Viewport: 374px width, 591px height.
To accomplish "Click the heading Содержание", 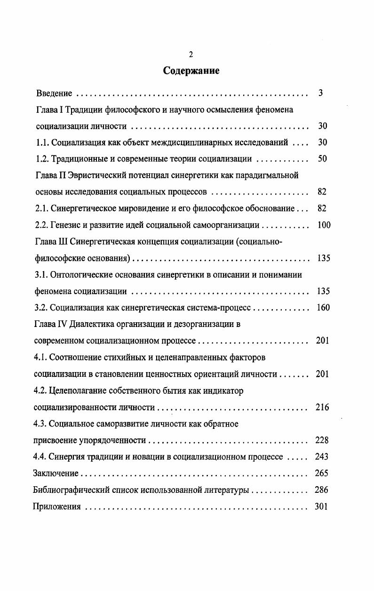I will (x=191, y=71).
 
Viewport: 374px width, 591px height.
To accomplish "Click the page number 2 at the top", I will (x=191, y=55).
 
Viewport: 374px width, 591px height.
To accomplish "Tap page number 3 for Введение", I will (x=320, y=93).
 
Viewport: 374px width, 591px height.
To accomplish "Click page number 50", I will (x=322, y=159).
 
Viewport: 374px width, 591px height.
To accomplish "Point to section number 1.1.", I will (x=42, y=142).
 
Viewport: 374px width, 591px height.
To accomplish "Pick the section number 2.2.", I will (x=42, y=225).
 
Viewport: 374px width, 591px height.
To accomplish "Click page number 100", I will (x=324, y=225).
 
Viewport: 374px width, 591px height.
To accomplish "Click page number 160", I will (x=324, y=308).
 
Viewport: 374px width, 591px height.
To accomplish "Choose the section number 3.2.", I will (x=42, y=308).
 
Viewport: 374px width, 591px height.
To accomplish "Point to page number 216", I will (x=322, y=407).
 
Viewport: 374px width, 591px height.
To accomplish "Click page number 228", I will (x=322, y=441).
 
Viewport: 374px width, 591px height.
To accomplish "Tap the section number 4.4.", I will (x=42, y=457).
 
